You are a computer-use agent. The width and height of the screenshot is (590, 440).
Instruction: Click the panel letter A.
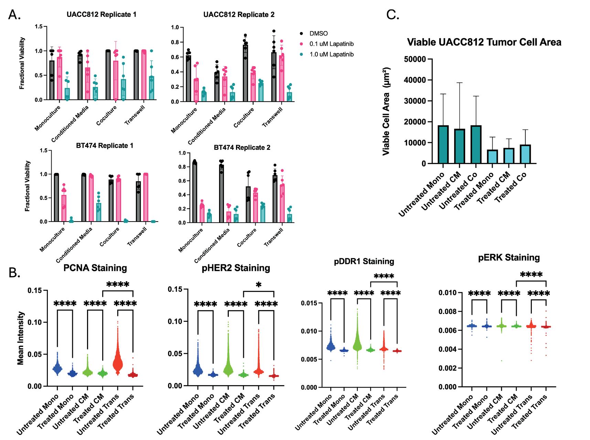[x=14, y=14]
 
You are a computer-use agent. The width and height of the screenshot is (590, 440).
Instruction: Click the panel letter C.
[x=393, y=14]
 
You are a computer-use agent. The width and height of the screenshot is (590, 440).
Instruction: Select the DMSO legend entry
[x=319, y=33]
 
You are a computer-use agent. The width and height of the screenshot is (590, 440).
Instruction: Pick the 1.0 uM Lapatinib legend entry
[x=331, y=54]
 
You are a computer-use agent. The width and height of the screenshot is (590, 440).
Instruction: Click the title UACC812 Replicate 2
[x=239, y=14]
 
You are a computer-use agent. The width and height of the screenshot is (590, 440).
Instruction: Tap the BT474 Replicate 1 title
[x=105, y=145]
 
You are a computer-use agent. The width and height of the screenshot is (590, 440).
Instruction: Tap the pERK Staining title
[x=509, y=258]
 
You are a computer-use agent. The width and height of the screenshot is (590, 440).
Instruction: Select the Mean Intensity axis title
[x=21, y=338]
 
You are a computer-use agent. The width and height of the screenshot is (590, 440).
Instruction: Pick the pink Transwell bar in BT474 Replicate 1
[x=146, y=198]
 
